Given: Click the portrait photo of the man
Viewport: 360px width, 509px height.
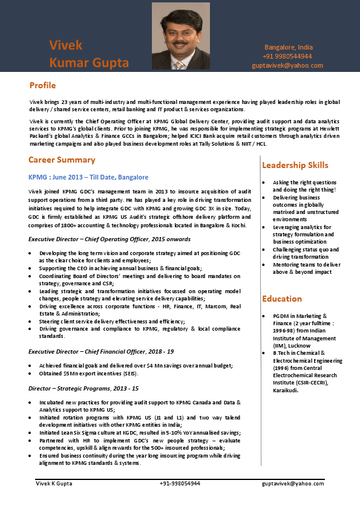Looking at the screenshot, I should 181,36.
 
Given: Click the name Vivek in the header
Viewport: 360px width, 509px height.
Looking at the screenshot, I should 66,45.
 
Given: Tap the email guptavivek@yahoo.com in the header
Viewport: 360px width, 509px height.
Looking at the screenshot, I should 287,65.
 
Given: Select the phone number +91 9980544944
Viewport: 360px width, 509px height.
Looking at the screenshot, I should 287,56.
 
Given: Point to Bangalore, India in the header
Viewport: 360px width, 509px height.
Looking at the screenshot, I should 289,47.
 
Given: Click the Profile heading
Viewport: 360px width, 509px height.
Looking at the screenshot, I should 42,85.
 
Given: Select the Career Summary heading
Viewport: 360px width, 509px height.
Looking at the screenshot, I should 62,160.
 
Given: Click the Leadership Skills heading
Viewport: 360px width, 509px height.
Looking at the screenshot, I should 295,165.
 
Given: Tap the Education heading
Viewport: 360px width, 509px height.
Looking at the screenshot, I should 282,299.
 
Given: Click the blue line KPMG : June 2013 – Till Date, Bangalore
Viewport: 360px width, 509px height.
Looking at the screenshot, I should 88,177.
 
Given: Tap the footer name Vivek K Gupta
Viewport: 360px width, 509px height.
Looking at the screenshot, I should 53,484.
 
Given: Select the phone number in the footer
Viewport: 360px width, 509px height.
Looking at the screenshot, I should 180,484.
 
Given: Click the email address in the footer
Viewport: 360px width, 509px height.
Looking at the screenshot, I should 293,484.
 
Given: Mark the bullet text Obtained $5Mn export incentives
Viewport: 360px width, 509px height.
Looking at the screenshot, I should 89,374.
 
